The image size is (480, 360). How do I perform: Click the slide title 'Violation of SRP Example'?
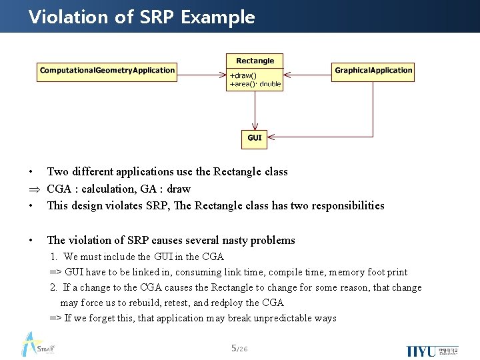(x=141, y=17)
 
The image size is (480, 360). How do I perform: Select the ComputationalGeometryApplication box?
(x=107, y=71)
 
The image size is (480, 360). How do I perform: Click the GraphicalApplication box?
(x=373, y=71)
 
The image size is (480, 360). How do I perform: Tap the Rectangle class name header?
(x=255, y=61)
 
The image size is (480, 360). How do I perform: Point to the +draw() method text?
(x=243, y=75)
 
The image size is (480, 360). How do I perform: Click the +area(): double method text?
(x=255, y=85)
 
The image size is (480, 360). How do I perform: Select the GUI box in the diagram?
(x=255, y=138)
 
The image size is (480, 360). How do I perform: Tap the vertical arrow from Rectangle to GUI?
(x=255, y=109)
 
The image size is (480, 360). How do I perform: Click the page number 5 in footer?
(x=233, y=348)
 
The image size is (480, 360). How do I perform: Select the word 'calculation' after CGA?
(x=105, y=189)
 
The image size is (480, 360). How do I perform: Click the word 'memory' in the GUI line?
(x=347, y=272)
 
